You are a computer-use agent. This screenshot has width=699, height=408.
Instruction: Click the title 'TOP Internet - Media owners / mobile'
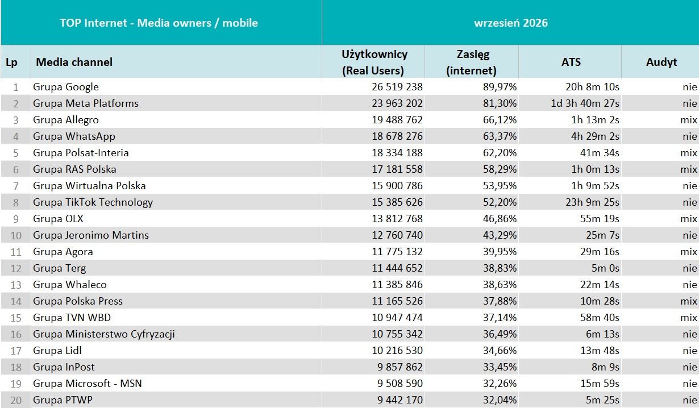point(159,23)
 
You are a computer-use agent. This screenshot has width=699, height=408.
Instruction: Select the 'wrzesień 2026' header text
point(511,23)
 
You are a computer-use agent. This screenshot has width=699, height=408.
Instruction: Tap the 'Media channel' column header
point(74,62)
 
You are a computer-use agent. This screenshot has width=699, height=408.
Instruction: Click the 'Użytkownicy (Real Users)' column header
point(374,62)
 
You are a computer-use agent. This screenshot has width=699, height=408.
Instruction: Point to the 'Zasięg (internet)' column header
point(472,62)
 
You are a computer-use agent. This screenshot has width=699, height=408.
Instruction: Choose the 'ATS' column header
point(571,62)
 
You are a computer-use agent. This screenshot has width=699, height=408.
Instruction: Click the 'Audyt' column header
point(661,62)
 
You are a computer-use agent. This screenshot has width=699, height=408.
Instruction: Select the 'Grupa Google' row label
point(66,87)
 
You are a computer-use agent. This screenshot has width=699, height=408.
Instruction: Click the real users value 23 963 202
point(397,103)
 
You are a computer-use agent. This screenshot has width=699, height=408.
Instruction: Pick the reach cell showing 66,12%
point(500,120)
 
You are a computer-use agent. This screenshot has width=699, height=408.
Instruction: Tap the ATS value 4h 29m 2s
point(595,136)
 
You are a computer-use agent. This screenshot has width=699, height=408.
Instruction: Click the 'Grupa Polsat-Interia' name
point(81,153)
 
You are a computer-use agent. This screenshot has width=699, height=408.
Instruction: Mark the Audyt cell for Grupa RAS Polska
point(689,169)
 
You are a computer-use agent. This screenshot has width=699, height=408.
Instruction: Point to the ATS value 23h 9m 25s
point(592,202)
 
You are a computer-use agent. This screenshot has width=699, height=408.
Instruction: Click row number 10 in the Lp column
point(16,235)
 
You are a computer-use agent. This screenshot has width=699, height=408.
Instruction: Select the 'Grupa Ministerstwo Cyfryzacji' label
point(104,334)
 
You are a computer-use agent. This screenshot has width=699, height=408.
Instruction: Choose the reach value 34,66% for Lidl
point(500,350)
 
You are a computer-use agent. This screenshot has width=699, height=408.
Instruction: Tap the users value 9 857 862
point(400,367)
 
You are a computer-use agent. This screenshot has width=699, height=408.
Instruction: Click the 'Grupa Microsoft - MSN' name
point(88,384)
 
